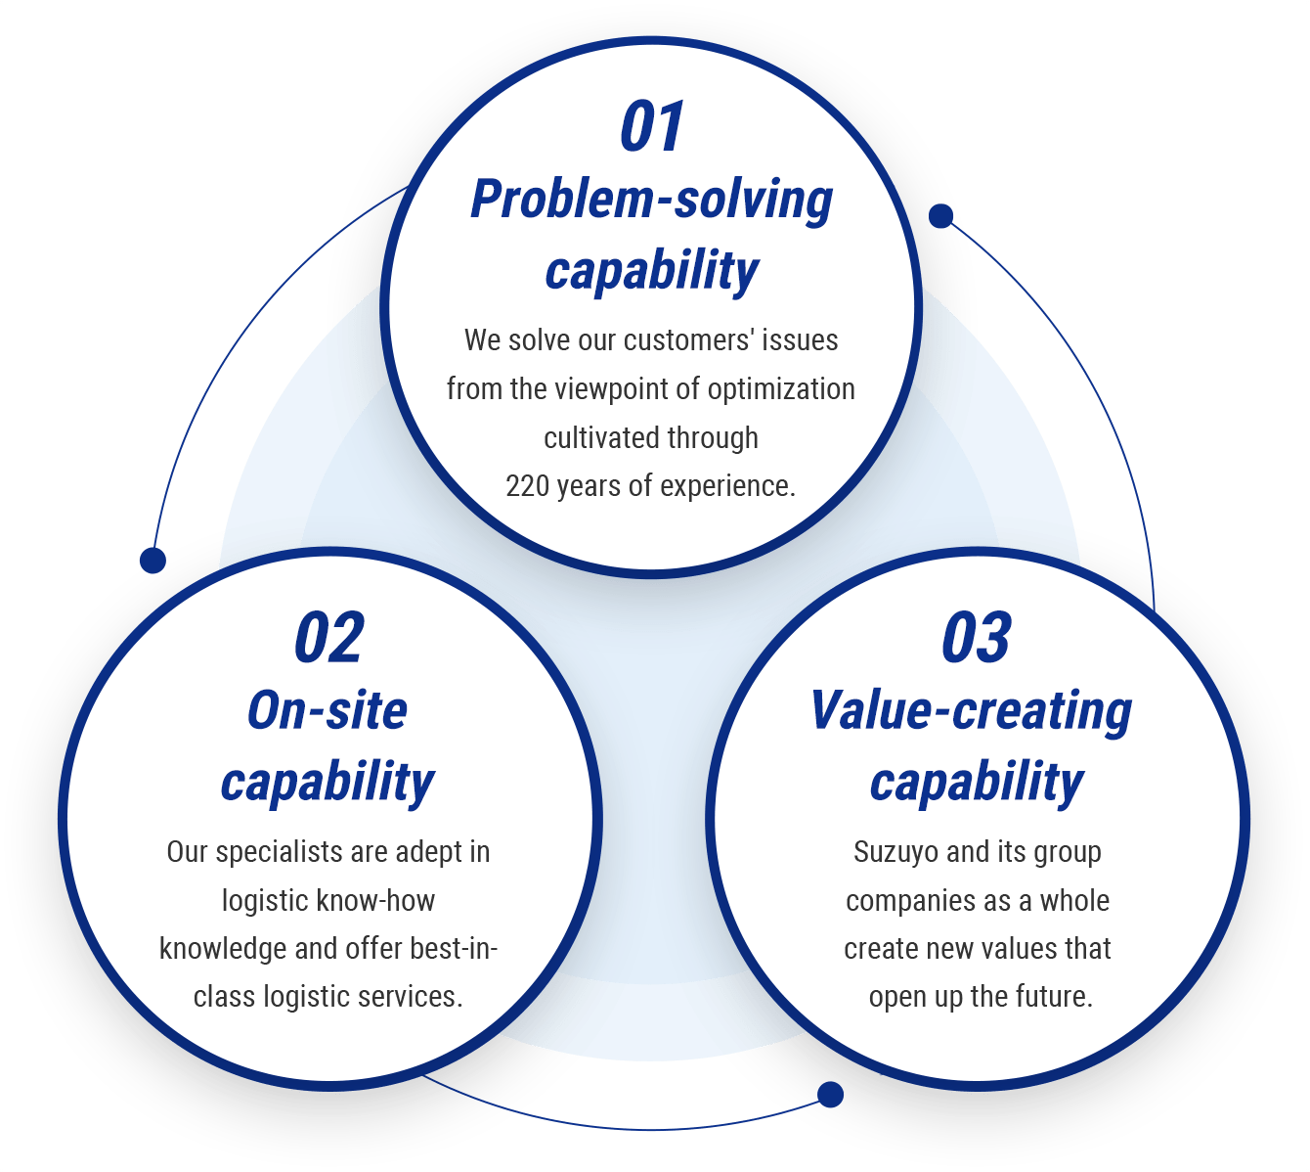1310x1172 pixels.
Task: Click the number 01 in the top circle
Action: (x=652, y=127)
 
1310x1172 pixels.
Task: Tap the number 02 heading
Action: (x=328, y=639)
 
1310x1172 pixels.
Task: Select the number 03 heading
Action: (x=976, y=639)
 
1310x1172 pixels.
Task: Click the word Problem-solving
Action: (x=651, y=201)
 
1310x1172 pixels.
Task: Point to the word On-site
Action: (x=327, y=710)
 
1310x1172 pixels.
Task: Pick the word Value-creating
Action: (x=971, y=711)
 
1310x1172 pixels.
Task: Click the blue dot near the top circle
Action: (x=940, y=216)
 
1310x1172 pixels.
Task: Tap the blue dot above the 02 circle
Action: (x=153, y=561)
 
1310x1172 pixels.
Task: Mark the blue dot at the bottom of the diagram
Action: (x=830, y=1095)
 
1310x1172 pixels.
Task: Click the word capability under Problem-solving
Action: (x=651, y=271)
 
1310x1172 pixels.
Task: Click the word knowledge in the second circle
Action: (x=224, y=949)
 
